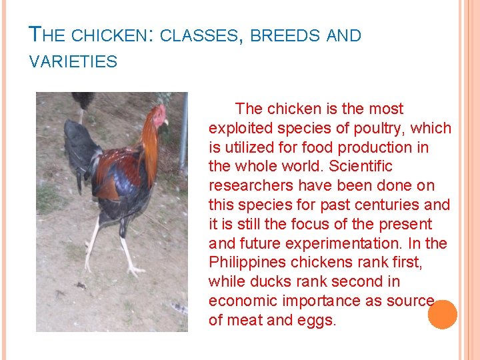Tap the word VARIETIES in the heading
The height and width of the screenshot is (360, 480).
(73, 63)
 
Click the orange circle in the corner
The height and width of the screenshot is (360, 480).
(442, 315)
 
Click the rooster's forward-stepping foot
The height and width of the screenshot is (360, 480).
(135, 269)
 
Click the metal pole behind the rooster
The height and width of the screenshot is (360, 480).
(183, 133)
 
